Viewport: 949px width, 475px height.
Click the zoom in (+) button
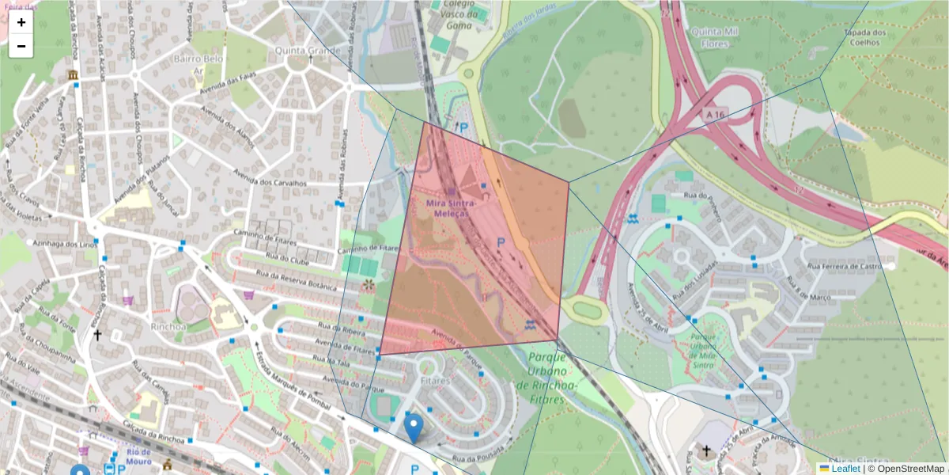[21, 22]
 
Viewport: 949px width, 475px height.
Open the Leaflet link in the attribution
[845, 469]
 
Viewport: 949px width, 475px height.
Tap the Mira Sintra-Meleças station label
[452, 207]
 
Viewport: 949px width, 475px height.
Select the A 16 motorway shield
[715, 116]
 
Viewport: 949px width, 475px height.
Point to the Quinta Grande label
[296, 51]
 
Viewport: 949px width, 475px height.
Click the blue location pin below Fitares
[413, 427]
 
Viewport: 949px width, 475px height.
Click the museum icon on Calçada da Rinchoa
[73, 74]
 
